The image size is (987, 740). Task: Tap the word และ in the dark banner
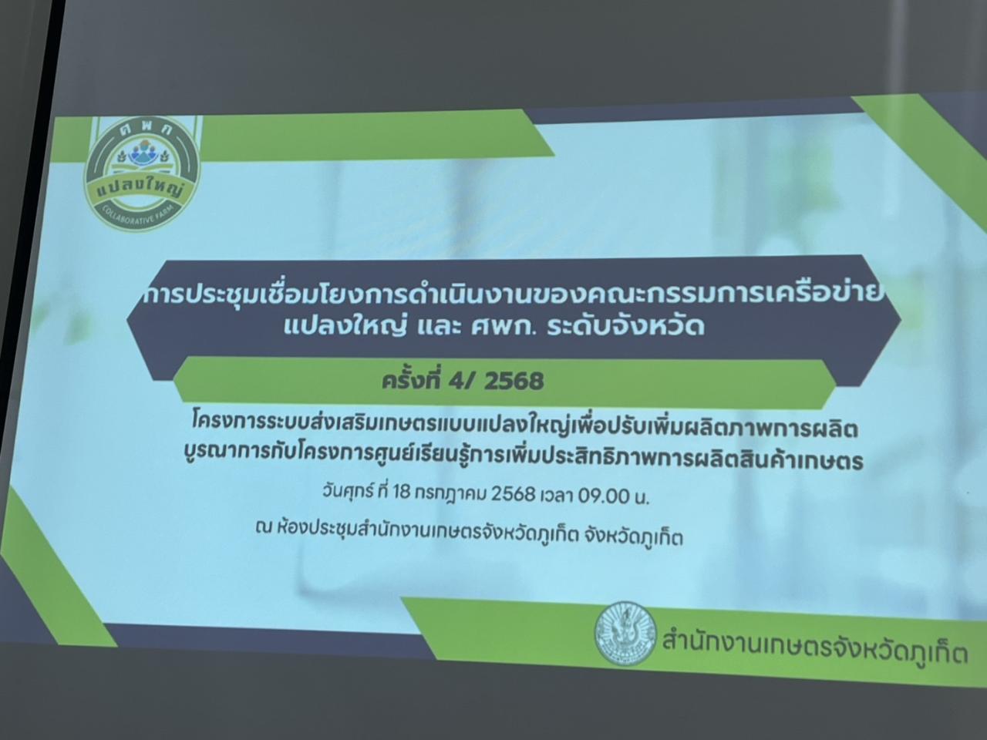click(x=425, y=327)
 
